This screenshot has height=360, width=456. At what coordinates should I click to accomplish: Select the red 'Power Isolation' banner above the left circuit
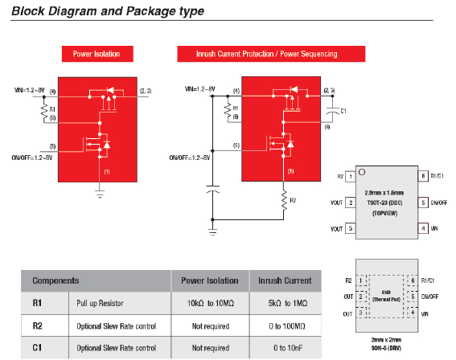coord(96,54)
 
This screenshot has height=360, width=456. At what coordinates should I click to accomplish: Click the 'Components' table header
coord(55,281)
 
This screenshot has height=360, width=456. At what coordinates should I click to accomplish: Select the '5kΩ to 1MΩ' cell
coord(284,305)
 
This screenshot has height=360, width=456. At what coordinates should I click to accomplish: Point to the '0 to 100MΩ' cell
coord(284,327)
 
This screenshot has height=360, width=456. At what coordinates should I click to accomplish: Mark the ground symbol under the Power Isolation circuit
coord(100,191)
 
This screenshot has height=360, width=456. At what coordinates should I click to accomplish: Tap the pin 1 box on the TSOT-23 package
coord(352,175)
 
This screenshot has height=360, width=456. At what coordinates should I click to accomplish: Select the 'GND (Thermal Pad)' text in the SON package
coord(387,296)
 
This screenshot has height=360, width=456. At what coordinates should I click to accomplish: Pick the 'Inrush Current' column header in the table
coord(284,281)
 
